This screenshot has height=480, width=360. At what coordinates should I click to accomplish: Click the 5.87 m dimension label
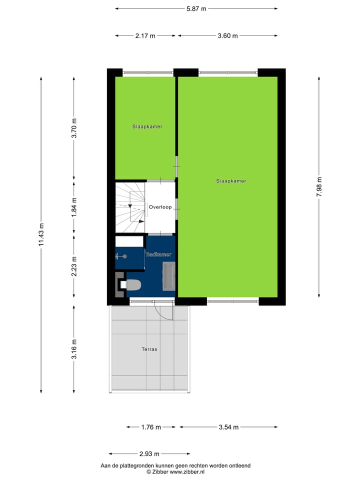(196, 8)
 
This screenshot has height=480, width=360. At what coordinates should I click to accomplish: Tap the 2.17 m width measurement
(145, 35)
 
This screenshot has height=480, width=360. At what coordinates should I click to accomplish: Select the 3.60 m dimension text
(227, 35)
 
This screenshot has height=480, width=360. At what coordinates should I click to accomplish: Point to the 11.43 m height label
(41, 234)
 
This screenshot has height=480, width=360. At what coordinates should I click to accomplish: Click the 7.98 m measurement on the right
(319, 187)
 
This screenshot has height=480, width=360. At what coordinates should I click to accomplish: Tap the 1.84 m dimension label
(74, 206)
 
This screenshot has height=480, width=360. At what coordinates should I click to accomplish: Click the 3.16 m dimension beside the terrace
(74, 349)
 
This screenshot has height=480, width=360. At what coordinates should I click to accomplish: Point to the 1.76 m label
(151, 427)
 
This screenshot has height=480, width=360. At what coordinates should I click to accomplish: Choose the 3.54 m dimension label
(228, 427)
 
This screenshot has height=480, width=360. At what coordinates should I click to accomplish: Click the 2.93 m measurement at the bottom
(149, 454)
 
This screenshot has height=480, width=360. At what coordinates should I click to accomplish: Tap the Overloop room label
(160, 206)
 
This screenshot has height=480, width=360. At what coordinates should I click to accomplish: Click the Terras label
(149, 349)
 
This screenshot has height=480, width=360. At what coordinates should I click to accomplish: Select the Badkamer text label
(158, 254)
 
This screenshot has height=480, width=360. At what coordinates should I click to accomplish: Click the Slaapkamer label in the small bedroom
(147, 126)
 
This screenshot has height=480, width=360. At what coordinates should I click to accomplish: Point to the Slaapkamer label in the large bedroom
(231, 181)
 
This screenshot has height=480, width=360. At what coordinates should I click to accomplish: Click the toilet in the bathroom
(132, 285)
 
